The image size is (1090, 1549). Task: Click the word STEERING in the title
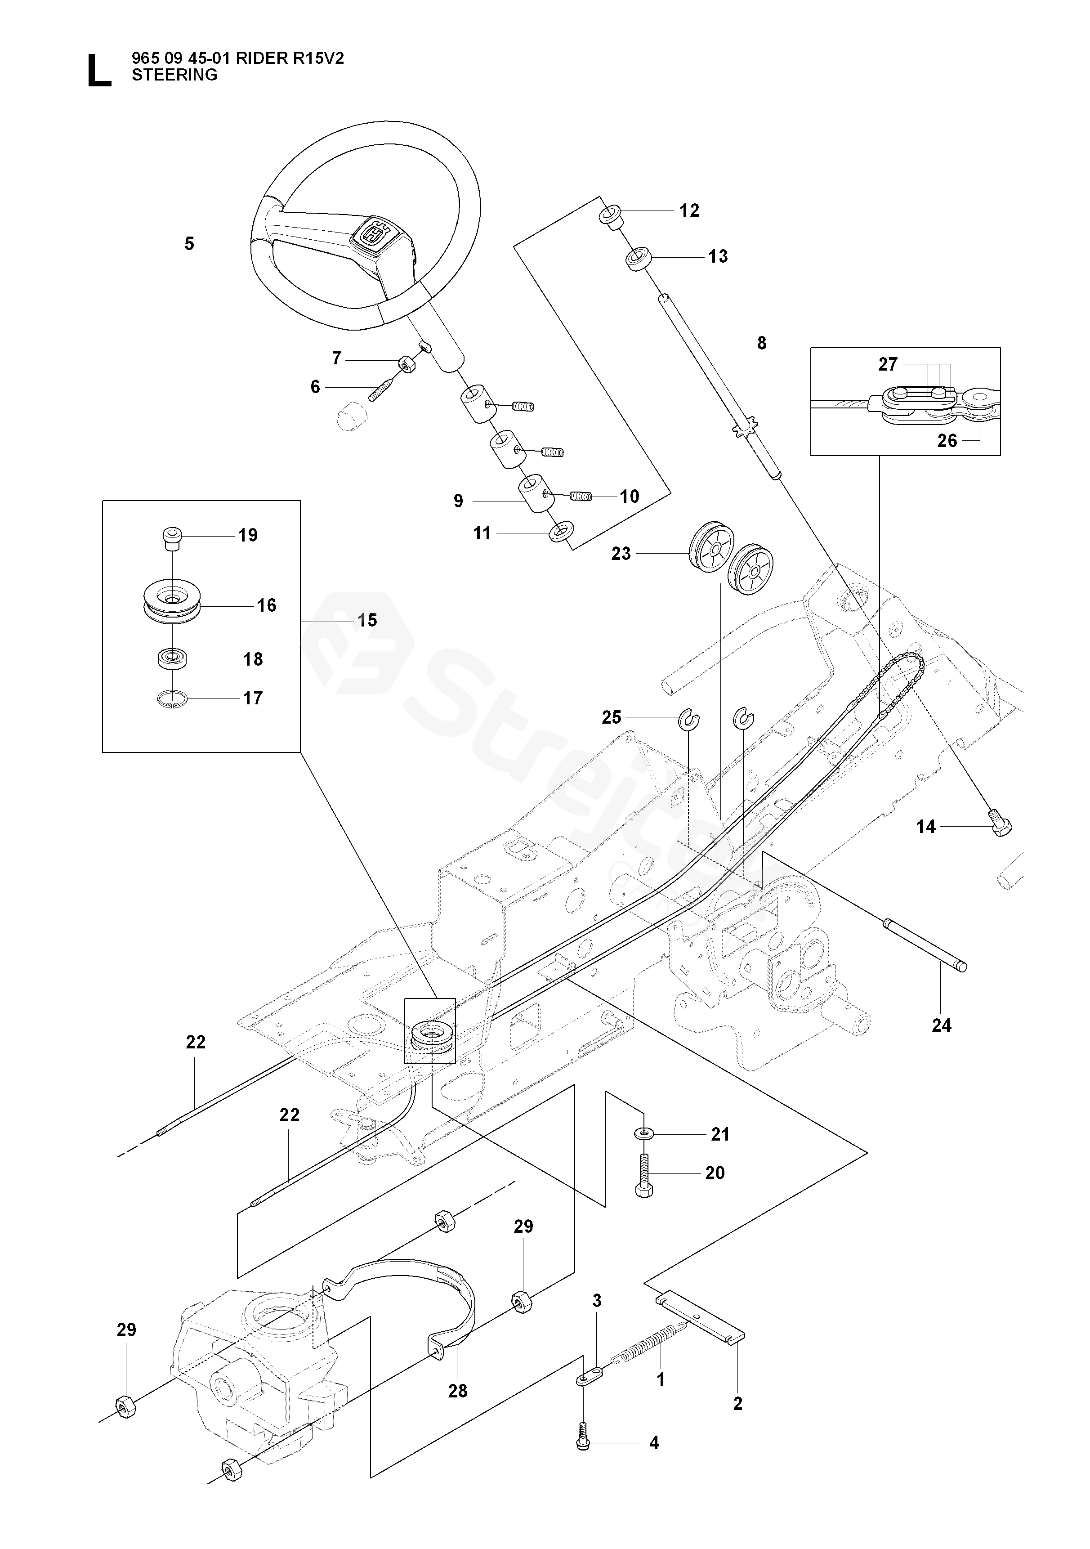click(174, 75)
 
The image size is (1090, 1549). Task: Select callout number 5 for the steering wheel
click(190, 244)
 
